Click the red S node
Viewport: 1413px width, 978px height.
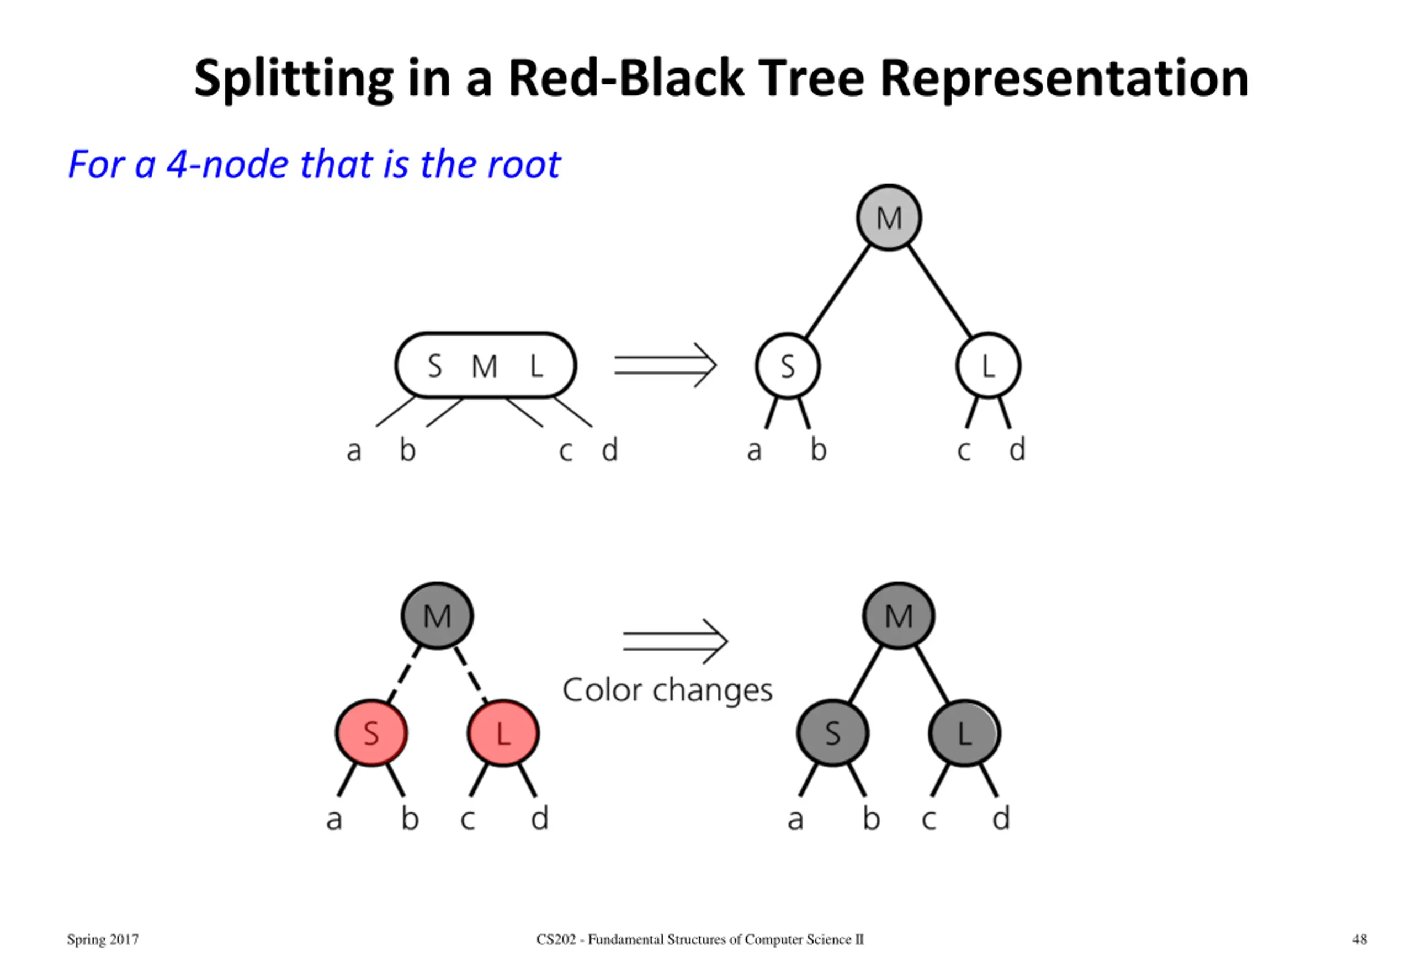371,733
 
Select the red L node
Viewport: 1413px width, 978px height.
503,733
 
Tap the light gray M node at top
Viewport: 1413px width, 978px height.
889,217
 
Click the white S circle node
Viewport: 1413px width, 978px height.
788,366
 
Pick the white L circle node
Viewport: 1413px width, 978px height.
988,366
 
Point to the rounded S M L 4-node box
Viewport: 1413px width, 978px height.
486,365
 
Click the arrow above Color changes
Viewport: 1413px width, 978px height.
675,641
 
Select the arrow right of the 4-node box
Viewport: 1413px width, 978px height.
666,365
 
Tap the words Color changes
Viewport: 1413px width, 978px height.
667,690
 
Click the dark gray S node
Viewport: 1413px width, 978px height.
832,733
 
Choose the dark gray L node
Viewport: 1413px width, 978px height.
964,733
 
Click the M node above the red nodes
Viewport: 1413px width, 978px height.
437,615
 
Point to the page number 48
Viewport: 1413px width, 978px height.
1359,939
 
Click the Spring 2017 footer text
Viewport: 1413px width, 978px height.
103,940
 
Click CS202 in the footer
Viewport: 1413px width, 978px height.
556,939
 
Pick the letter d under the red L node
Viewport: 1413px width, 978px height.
539,818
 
